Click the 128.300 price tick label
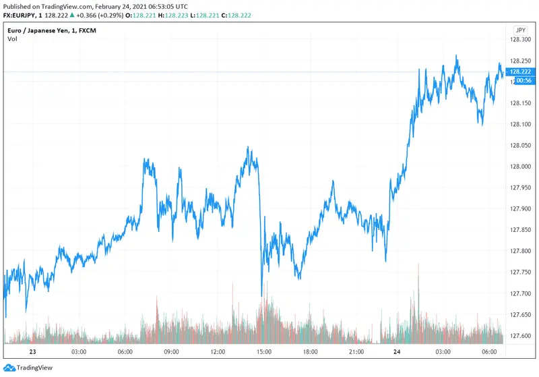pyautogui.click(x=519, y=40)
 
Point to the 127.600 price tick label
pyautogui.click(x=519, y=335)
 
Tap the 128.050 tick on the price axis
pyautogui.click(x=519, y=145)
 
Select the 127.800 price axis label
pyautogui.click(x=519, y=251)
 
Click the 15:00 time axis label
pyautogui.click(x=263, y=352)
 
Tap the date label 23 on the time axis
pyautogui.click(x=33, y=352)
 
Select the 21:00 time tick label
pyautogui.click(x=356, y=352)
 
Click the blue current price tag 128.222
pyautogui.click(x=521, y=71)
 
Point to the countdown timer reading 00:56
pyautogui.click(x=521, y=80)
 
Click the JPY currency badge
pyautogui.click(x=519, y=30)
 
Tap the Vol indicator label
pyautogui.click(x=12, y=39)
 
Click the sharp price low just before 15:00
pyautogui.click(x=261, y=295)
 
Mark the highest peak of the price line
pyautogui.click(x=457, y=56)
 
